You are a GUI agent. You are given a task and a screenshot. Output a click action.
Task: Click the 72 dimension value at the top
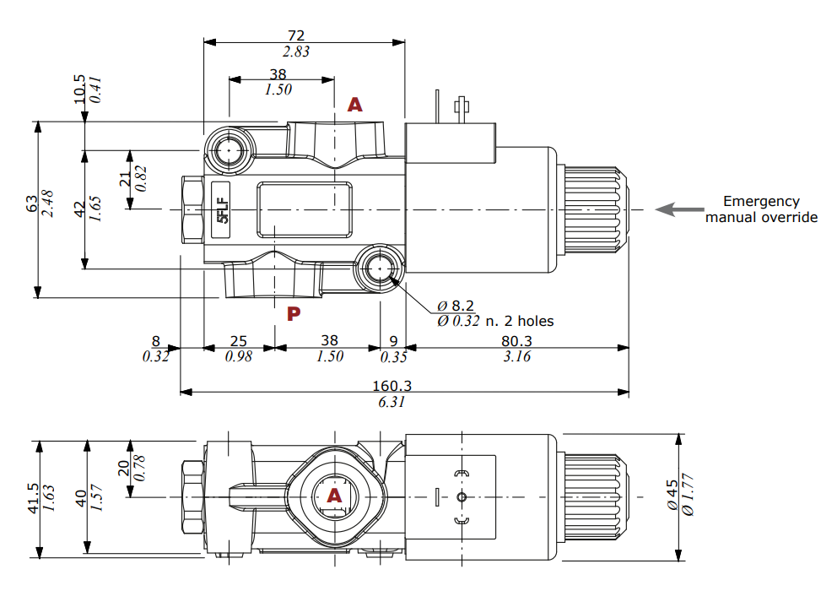pos(296,35)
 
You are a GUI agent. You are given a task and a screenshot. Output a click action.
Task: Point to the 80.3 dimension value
pos(516,341)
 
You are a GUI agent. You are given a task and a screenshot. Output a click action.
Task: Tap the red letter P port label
pos(294,315)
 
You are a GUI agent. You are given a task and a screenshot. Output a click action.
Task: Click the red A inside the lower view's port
pos(334,496)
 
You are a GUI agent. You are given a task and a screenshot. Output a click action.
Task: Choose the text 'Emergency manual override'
pos(761,209)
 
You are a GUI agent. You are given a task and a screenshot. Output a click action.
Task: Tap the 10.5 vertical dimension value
pos(80,89)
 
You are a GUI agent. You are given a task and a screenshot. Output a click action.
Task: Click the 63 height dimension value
pos(32,204)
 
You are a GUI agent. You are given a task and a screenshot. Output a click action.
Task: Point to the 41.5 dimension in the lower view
pos(32,498)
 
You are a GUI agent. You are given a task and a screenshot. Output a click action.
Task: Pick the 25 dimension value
pos(239,341)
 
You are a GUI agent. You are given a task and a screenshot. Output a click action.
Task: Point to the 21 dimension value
pos(125,179)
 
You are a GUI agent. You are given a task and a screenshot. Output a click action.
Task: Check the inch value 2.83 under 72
pos(296,52)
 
